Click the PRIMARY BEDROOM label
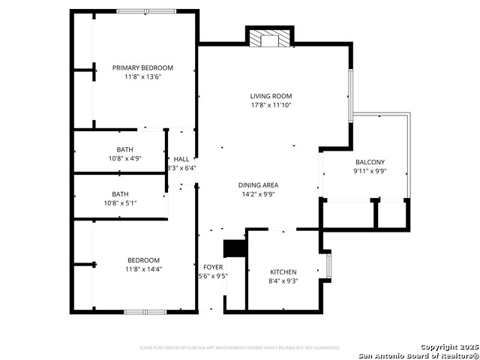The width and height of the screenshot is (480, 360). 142,67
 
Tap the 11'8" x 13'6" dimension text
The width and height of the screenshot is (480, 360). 142,76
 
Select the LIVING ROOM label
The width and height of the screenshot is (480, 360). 271,96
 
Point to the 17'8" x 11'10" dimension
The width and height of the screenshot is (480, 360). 271,105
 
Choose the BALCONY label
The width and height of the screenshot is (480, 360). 370,162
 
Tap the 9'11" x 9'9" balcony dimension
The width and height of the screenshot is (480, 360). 370,171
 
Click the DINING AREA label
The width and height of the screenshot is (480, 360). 259,184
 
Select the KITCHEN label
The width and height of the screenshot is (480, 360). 283,271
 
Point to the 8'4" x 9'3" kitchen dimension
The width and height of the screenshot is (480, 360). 283,280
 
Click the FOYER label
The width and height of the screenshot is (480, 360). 213,267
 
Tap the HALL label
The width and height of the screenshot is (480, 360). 181,159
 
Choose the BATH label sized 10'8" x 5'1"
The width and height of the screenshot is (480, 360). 120,193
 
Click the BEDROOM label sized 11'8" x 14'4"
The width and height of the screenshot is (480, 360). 142,259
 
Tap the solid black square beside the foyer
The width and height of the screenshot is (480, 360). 235,249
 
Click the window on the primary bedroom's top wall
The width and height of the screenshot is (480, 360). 147,11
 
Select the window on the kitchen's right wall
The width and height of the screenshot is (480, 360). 329,267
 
